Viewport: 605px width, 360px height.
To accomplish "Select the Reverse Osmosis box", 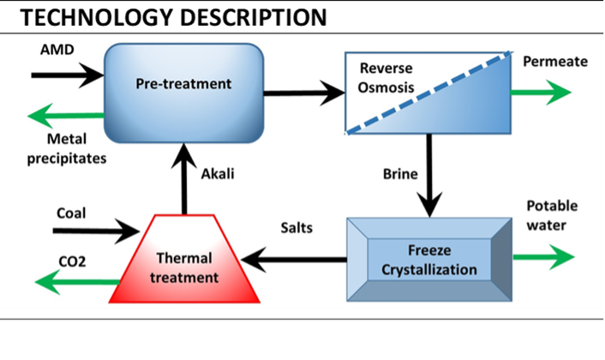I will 427,93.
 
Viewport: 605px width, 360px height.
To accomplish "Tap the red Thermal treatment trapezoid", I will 185,259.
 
